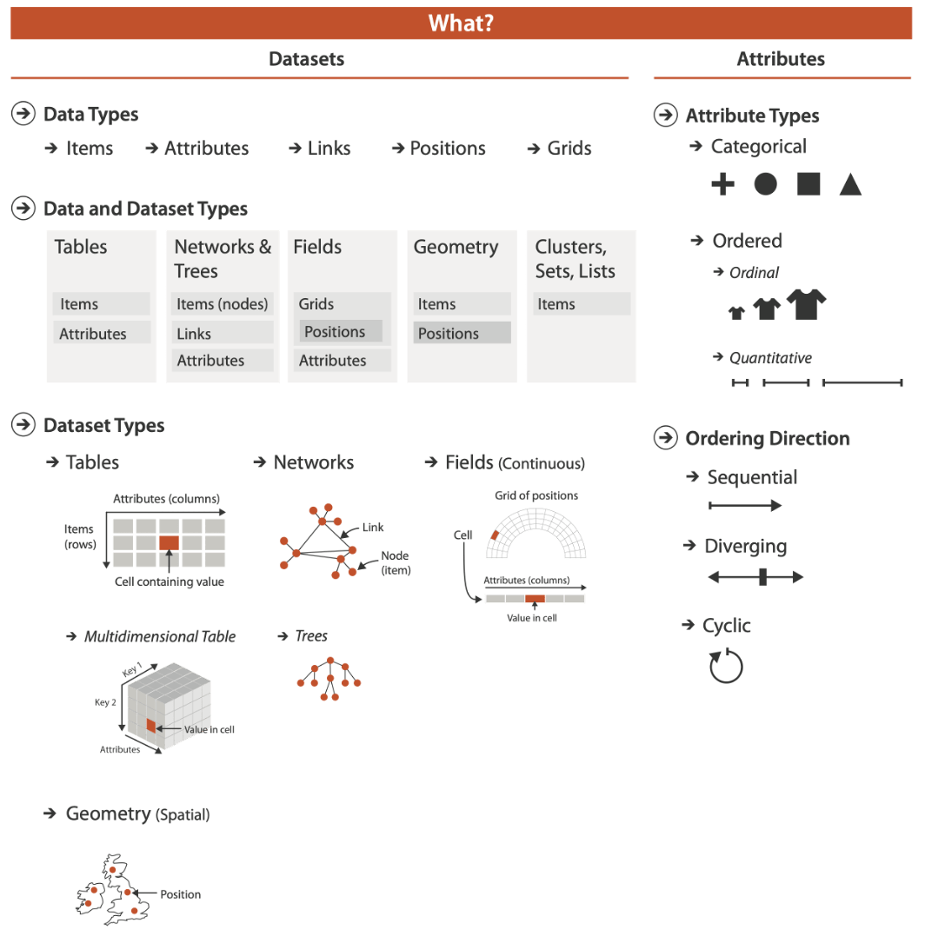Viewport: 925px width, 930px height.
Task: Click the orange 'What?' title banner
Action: point(462,23)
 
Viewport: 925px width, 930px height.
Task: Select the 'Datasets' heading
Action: point(306,59)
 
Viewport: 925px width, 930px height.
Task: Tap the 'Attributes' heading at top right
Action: point(780,59)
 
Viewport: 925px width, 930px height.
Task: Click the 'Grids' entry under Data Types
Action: point(569,149)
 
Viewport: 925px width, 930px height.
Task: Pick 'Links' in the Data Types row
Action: point(329,149)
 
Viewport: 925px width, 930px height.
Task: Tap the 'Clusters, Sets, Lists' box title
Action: point(575,259)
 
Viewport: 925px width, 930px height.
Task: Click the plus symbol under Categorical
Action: point(723,184)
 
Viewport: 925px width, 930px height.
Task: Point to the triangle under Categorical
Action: point(850,184)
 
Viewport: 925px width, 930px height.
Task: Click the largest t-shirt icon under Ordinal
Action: point(806,304)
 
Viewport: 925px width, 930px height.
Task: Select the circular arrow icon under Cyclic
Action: point(726,668)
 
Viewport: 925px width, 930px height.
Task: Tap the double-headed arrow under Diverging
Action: point(755,577)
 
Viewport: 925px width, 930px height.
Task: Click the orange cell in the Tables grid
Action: point(169,542)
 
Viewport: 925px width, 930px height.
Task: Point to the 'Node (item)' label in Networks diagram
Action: point(395,562)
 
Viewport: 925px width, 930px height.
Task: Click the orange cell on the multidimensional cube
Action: point(150,726)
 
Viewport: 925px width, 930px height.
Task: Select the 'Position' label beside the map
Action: point(180,894)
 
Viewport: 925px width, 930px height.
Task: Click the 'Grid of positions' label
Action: point(536,495)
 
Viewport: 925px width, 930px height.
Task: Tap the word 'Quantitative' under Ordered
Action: point(770,358)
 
